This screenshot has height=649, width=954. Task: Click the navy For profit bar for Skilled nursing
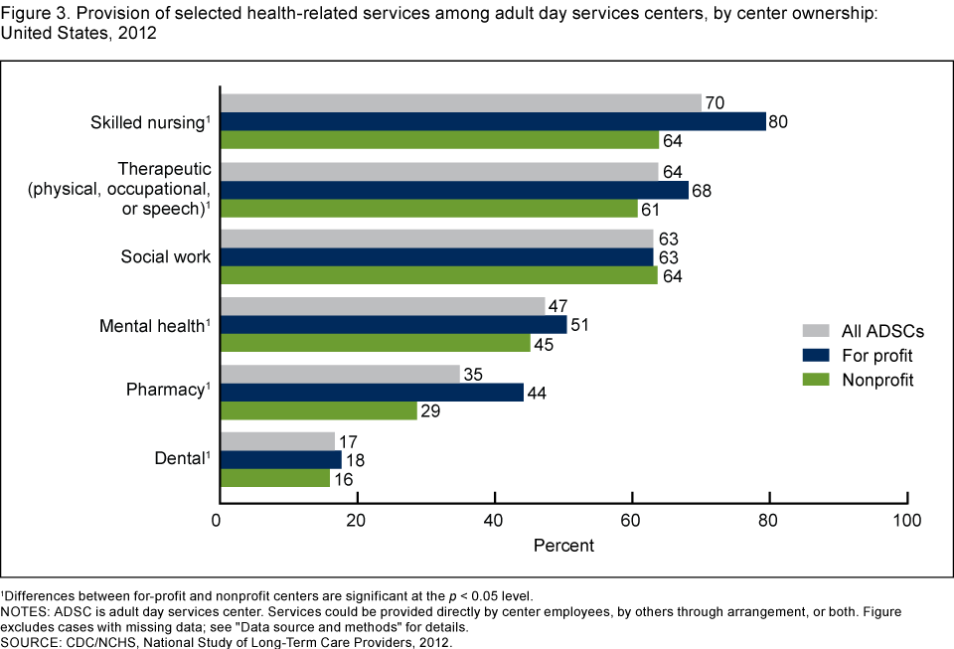pyautogui.click(x=493, y=121)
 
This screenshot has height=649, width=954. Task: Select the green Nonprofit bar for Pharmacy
pyautogui.click(x=319, y=410)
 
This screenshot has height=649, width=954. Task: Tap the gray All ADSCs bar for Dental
pyautogui.click(x=278, y=441)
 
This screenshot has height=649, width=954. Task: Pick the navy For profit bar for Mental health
pyautogui.click(x=394, y=324)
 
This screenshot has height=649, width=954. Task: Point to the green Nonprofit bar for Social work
pyautogui.click(x=438, y=275)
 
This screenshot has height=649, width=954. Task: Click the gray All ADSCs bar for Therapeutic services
pyautogui.click(x=439, y=171)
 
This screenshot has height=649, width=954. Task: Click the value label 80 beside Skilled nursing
pyautogui.click(x=778, y=122)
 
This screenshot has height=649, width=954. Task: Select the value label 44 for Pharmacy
pyautogui.click(x=536, y=393)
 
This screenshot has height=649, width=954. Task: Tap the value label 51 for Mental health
pyautogui.click(x=578, y=325)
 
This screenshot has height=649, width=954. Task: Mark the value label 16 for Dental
pyautogui.click(x=342, y=479)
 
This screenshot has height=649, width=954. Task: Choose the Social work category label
pyautogui.click(x=166, y=256)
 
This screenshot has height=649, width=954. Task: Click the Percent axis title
pyautogui.click(x=563, y=546)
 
